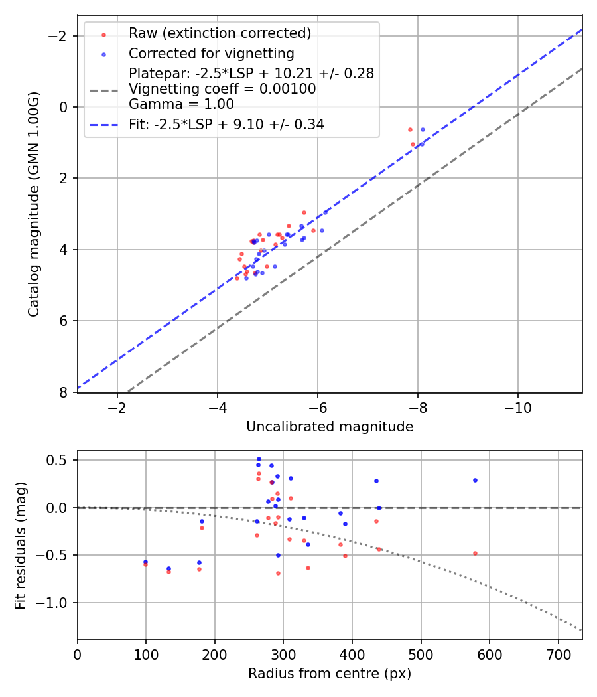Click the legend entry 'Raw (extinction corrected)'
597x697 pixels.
point(220,33)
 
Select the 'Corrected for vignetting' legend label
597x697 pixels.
point(211,53)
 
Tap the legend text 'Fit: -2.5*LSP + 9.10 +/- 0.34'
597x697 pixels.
point(226,124)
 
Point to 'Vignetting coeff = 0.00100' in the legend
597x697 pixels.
point(222,89)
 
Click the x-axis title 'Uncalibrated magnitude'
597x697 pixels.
point(330,427)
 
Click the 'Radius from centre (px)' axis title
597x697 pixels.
point(330,674)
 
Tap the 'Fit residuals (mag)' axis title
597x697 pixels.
point(21,545)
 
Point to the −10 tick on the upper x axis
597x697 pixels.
point(517,408)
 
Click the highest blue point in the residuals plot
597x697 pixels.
point(259,459)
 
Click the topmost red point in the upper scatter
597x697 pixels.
point(410,129)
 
